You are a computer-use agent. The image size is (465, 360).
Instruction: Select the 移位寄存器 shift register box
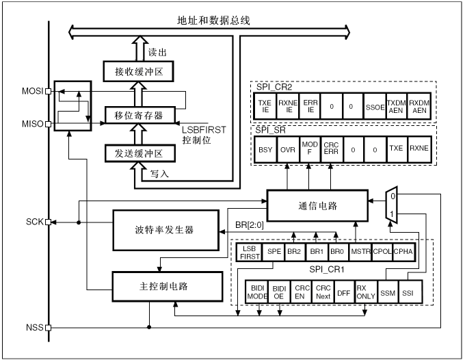139,115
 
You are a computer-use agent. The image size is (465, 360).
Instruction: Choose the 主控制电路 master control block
167,283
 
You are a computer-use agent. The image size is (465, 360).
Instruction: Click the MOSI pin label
31,90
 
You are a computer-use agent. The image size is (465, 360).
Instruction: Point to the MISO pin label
32,124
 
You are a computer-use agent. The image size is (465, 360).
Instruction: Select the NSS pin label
34,327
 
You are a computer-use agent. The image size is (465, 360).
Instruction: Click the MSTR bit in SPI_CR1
360,252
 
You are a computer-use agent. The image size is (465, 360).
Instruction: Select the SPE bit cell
273,252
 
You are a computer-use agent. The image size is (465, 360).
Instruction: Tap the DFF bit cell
344,292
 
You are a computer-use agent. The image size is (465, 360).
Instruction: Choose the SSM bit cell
388,292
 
